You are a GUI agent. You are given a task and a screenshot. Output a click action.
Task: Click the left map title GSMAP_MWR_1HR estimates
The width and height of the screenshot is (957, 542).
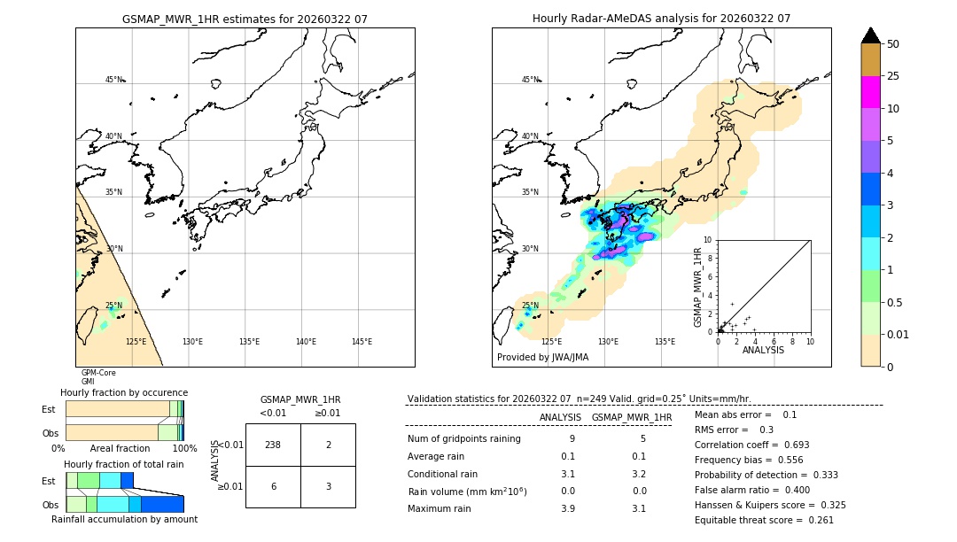pos(245,19)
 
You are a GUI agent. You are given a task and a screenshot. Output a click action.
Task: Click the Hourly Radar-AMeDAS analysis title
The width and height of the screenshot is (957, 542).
pos(661,19)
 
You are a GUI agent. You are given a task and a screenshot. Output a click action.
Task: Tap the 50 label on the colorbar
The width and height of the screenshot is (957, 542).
pos(893,44)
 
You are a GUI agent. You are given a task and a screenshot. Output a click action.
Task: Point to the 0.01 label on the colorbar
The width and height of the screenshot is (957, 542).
pos(899,334)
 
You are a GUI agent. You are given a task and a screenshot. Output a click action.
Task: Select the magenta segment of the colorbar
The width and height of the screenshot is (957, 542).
pos(871,92)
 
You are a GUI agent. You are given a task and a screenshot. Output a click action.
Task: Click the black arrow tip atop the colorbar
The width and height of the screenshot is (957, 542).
pos(871,34)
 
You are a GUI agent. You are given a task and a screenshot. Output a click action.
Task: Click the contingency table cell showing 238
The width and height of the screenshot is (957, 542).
pos(273,445)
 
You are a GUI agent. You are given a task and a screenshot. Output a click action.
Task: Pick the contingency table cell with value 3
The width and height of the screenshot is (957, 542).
pos(328,486)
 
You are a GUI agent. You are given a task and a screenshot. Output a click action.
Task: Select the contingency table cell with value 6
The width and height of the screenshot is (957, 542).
pos(273,486)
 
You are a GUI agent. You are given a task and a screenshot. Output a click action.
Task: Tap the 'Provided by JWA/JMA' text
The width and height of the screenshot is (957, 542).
pos(542,358)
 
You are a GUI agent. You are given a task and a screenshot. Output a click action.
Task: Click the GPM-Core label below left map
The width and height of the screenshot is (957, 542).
pos(98,373)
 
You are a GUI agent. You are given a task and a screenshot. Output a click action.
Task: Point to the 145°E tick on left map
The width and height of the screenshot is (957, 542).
pos(362,342)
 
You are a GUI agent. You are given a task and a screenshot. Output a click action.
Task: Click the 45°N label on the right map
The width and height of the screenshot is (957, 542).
pos(529,80)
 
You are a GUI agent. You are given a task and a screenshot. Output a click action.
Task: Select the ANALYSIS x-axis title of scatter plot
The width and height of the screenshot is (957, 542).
pos(763,350)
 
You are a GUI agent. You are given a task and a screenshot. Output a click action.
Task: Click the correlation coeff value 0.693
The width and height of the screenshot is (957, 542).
pos(790,445)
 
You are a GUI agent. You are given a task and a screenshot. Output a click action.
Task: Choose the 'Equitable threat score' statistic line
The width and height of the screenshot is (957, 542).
pos(764,521)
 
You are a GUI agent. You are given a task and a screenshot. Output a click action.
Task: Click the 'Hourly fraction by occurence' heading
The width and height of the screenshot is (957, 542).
pos(124,392)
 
